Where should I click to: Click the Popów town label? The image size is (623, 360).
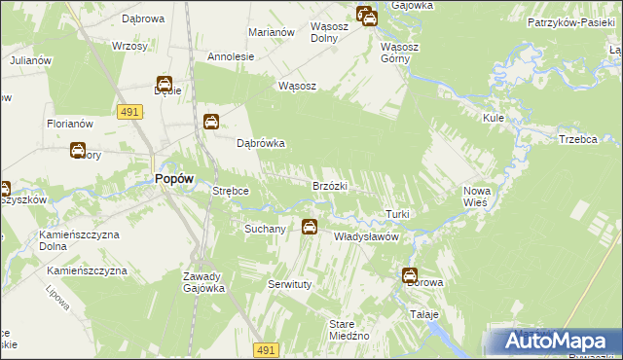point(174,178)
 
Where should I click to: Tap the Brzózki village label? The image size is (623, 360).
point(330,185)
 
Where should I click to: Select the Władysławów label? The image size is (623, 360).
point(368,236)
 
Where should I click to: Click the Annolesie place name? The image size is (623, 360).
point(231,56)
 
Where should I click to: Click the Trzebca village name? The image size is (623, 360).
point(578,139)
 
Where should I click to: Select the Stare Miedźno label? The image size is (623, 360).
point(348,329)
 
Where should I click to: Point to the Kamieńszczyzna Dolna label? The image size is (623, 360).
point(78,241)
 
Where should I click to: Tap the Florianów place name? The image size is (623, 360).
point(69,124)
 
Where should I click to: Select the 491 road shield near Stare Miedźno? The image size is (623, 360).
point(268,349)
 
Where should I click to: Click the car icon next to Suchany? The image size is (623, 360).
point(310,228)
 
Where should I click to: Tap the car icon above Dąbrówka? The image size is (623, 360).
point(211,122)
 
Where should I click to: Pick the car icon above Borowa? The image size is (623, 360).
point(410,275)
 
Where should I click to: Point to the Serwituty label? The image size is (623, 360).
point(289,284)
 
